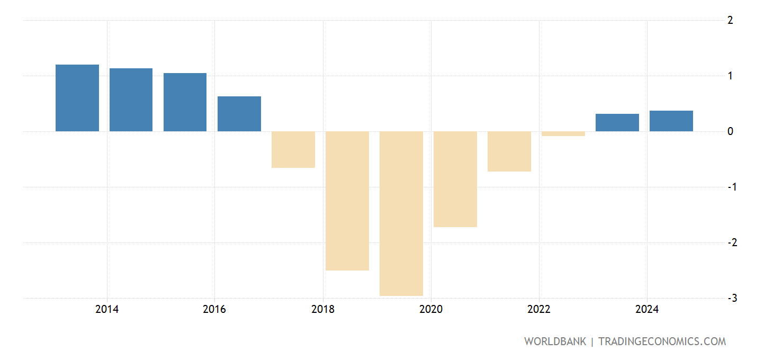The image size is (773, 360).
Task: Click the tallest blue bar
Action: (x=77, y=98)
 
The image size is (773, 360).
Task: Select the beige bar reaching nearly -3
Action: (x=401, y=213)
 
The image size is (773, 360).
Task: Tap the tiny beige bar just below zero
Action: (x=563, y=133)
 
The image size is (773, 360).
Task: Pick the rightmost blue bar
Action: (x=671, y=121)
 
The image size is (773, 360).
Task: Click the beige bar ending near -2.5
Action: (x=347, y=201)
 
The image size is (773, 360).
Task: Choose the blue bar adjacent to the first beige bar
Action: (x=239, y=114)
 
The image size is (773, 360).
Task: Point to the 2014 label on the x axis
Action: (x=107, y=310)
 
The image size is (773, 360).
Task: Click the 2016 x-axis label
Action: (x=214, y=310)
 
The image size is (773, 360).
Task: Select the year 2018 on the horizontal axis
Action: (x=323, y=310)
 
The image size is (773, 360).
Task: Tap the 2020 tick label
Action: (x=431, y=310)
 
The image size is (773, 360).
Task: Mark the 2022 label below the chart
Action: (x=539, y=310)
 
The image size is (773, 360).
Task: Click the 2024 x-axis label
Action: (x=646, y=310)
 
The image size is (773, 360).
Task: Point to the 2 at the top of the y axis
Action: (x=730, y=21)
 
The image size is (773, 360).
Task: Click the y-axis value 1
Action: (x=730, y=76)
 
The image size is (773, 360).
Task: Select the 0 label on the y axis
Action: (x=730, y=132)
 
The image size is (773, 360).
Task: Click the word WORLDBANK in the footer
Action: (x=555, y=341)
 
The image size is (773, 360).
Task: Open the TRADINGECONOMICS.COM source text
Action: (x=662, y=341)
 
